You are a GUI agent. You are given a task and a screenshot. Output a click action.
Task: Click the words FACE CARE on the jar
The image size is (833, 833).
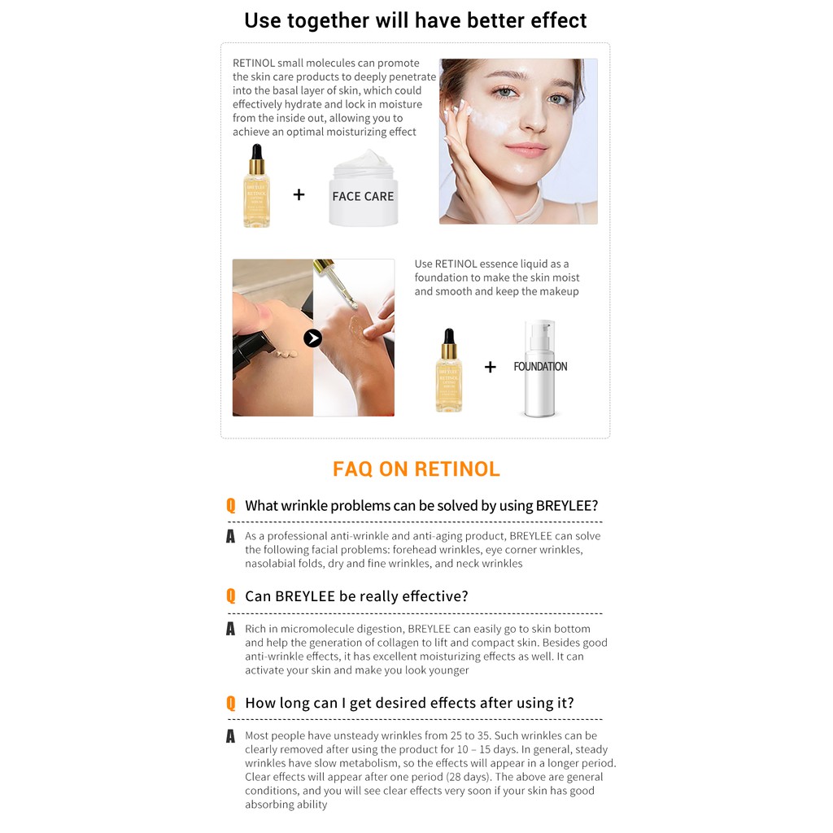[363, 197]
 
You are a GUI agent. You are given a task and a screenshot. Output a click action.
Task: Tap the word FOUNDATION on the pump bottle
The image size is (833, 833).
[540, 367]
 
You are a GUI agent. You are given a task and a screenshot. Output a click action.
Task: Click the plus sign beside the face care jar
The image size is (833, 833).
[299, 194]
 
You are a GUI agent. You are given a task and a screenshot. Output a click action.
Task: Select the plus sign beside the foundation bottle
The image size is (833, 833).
[491, 367]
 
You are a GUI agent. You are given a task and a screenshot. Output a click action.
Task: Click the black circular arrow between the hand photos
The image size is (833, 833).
[313, 338]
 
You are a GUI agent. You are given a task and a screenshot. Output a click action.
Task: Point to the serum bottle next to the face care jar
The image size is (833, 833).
[256, 186]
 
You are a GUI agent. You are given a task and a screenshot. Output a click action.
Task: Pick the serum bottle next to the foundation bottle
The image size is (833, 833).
[449, 370]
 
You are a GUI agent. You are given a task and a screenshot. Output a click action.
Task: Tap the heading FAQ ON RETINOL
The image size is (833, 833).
[416, 469]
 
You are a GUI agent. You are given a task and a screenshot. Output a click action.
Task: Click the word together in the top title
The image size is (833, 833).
[328, 20]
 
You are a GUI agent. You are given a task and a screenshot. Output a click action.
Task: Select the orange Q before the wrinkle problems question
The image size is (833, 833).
[230, 505]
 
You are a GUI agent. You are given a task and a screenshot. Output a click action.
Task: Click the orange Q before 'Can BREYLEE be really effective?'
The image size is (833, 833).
[230, 596]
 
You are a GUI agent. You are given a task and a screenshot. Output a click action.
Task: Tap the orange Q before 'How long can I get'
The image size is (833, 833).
[230, 703]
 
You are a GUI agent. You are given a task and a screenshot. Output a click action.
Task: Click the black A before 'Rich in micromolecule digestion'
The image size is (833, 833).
[230, 629]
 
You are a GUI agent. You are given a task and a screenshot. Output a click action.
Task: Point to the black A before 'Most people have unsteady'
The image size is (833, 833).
[230, 735]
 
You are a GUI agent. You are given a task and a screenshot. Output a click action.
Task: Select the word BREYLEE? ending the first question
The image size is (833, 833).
[567, 505]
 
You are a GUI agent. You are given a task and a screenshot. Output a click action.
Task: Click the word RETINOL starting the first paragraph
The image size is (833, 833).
[254, 63]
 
